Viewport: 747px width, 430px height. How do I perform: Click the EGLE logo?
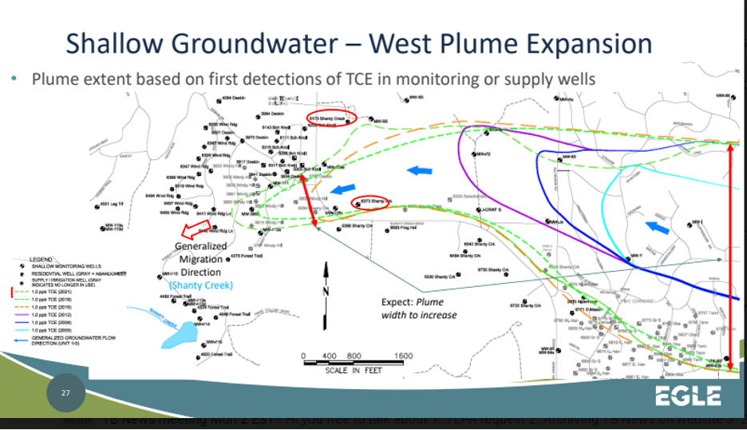click(688, 395)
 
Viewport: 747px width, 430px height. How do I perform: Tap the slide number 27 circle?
click(66, 393)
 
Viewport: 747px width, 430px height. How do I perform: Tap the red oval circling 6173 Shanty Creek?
click(330, 117)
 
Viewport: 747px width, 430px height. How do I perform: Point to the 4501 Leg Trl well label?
click(114, 204)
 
